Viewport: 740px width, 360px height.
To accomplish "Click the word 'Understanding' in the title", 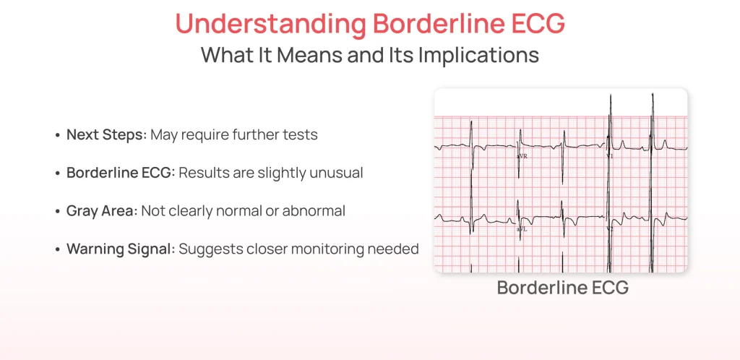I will point(270,23).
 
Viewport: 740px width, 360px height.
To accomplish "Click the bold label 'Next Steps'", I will point(104,135).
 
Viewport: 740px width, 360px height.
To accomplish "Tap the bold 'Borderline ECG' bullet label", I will point(120,173).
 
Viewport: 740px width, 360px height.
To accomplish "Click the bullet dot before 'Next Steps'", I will point(57,136).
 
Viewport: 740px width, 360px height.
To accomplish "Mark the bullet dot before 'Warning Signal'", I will point(57,249).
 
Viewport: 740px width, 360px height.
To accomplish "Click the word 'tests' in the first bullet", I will point(301,135).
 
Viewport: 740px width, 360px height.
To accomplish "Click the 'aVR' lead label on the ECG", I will point(521,155).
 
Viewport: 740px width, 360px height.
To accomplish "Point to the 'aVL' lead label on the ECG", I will point(521,228).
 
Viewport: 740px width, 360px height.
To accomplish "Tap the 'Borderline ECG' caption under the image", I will point(562,288).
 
